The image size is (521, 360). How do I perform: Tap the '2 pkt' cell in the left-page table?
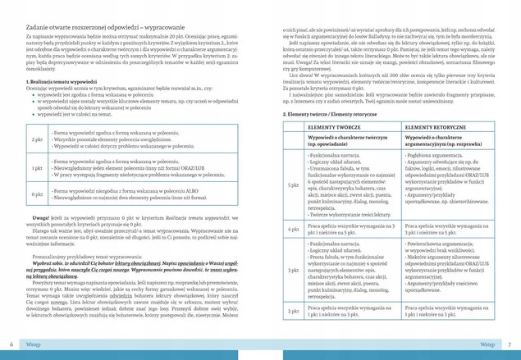(x=37, y=139)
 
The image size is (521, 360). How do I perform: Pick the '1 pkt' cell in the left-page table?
(x=37, y=168)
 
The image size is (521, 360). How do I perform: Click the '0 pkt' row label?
(x=37, y=194)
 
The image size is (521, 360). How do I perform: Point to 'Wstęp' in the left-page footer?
(x=33, y=344)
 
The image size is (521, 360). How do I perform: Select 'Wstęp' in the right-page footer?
(x=487, y=344)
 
